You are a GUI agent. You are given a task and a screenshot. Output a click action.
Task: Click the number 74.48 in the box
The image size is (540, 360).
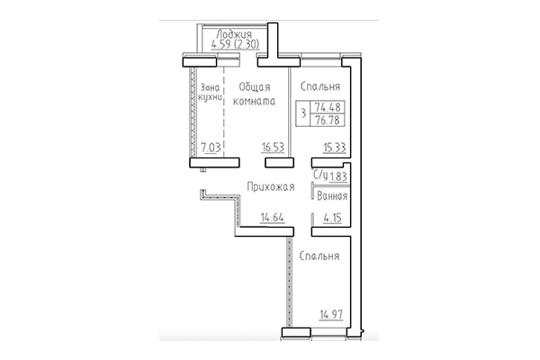332,105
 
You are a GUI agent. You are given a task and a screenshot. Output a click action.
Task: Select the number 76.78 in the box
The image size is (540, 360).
332,118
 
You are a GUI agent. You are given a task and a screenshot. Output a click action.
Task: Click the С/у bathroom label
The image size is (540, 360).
319,176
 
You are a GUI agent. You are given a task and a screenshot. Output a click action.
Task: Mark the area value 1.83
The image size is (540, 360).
337,176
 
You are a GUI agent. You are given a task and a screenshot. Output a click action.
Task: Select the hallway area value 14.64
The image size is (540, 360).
273,216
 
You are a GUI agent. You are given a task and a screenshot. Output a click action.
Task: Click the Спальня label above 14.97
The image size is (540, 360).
319,256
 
